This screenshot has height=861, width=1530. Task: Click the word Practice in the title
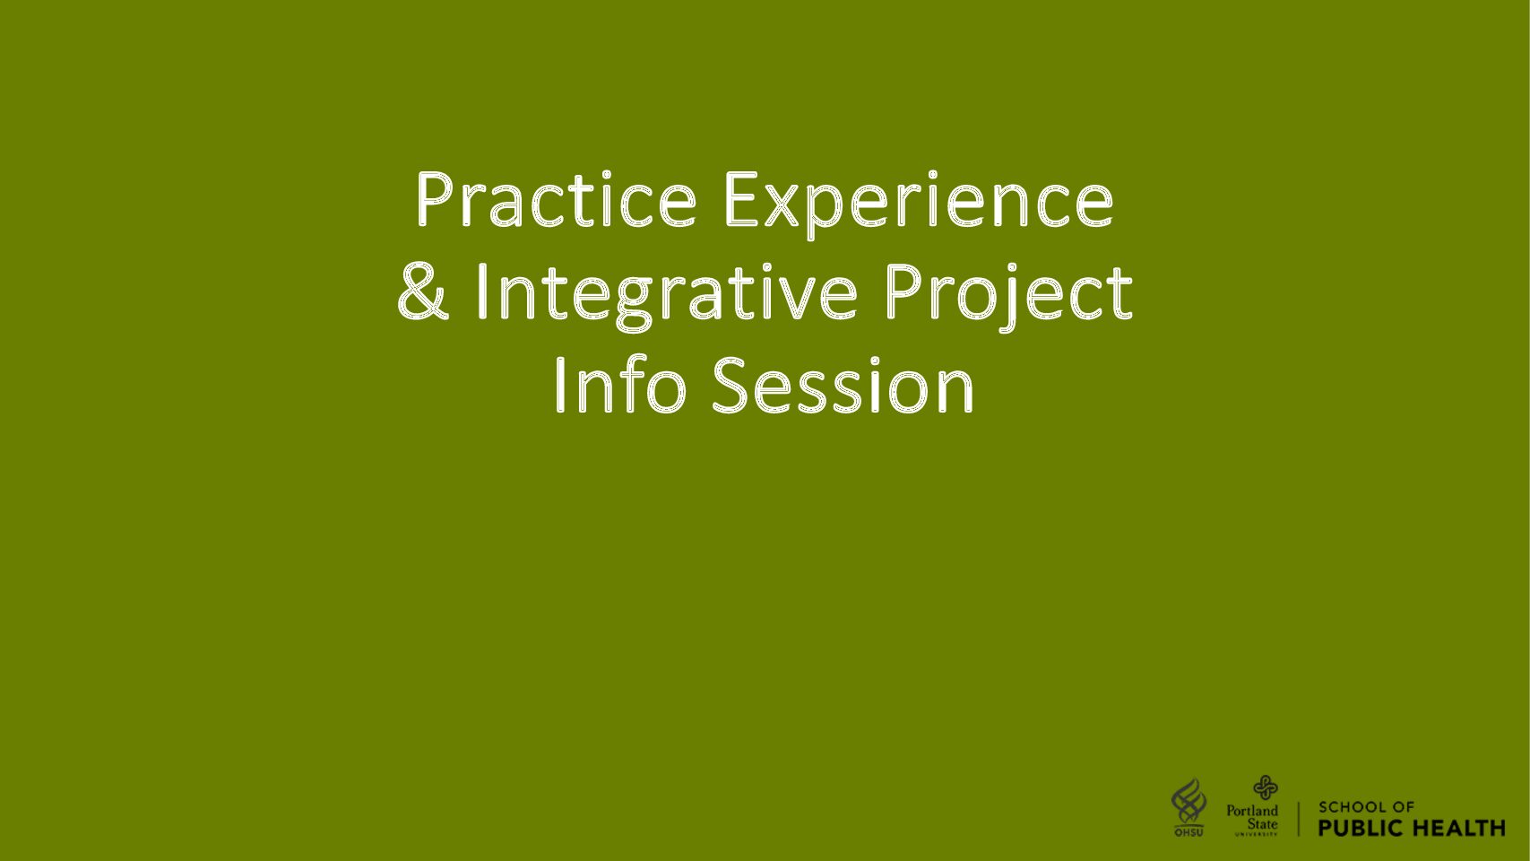[556, 199]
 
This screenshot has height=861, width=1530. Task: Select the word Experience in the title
[919, 204]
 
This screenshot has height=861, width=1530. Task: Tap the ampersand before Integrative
[423, 292]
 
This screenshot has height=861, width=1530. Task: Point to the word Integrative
[666, 297]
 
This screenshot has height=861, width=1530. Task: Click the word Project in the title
[1009, 297]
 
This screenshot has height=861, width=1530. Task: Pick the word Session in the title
[843, 386]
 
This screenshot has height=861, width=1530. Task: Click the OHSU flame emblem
[1189, 802]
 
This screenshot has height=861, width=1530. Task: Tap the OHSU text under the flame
[1189, 832]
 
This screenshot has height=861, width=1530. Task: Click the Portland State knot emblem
[1265, 787]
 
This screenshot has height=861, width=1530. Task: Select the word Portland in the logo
[1252, 811]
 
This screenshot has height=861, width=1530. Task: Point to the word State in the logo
[1262, 824]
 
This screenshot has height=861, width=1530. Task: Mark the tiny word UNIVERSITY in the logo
[1256, 834]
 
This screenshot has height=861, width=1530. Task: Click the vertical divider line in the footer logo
[1299, 819]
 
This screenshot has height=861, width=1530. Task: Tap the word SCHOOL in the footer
[1352, 807]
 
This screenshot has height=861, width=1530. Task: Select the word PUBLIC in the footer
[1361, 828]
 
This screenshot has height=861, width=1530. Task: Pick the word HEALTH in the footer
[1458, 828]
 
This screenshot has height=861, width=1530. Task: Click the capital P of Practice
[435, 199]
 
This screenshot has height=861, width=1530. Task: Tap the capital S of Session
[732, 386]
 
